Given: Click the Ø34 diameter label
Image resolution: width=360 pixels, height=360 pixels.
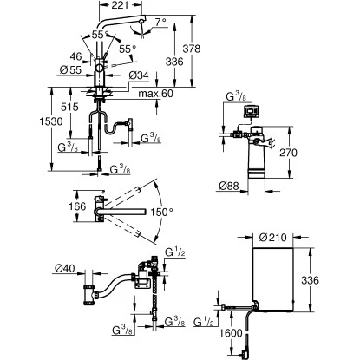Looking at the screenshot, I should (141, 76).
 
